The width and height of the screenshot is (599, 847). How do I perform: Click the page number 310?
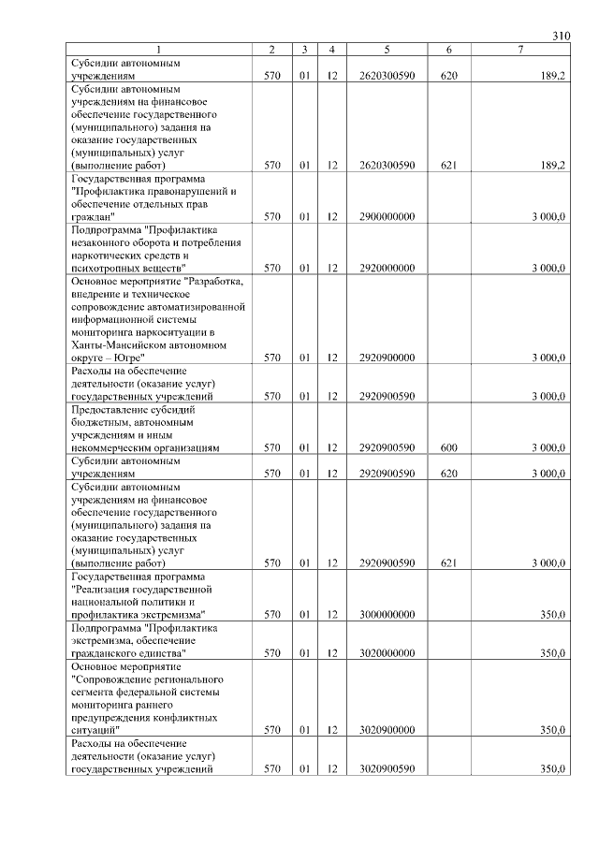tap(561, 37)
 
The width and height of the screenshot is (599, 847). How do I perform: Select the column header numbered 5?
tap(387, 49)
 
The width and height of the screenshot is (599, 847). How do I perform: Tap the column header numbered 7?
tap(519, 49)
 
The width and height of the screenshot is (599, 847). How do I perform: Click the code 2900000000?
tap(387, 216)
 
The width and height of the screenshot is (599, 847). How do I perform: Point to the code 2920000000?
tap(387, 268)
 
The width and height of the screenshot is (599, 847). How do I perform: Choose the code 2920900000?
tap(387, 358)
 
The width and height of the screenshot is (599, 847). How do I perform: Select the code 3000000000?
tap(387, 615)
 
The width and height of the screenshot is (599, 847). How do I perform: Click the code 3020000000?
tap(387, 653)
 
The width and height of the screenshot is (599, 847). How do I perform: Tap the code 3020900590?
tap(387, 769)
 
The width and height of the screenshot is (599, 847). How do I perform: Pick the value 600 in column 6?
tap(448, 448)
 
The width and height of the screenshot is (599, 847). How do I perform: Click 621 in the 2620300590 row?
tap(448, 166)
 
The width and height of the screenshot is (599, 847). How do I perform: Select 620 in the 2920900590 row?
tap(448, 474)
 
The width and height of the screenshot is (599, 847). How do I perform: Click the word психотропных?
tap(103, 268)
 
